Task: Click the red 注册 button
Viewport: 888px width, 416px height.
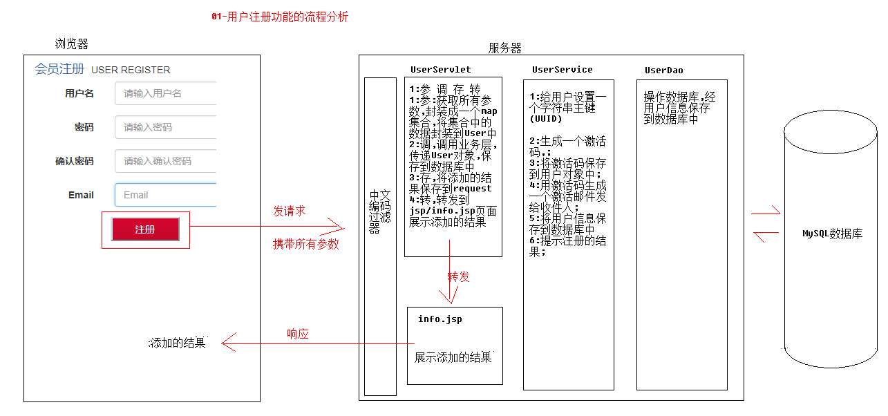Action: (x=145, y=229)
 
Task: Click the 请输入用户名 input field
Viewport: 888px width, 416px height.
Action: (x=166, y=93)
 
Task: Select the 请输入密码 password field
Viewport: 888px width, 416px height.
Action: (x=166, y=127)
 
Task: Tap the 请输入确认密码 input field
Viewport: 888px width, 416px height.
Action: (x=166, y=161)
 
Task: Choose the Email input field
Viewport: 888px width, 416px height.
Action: (x=166, y=195)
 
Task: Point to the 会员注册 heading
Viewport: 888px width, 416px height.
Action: (x=59, y=69)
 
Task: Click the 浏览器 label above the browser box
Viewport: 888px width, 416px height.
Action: (x=71, y=44)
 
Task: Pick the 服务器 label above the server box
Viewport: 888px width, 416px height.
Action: (x=504, y=48)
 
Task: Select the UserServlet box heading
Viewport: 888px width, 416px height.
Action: (x=440, y=70)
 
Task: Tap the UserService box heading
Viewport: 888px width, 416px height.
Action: (x=562, y=70)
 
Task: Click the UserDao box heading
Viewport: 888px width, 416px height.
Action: (x=663, y=70)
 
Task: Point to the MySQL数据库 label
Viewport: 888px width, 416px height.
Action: (x=832, y=234)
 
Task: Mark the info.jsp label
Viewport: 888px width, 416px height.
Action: (x=440, y=319)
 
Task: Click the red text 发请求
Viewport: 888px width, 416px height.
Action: (x=289, y=211)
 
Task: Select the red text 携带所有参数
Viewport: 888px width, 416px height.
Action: (x=305, y=244)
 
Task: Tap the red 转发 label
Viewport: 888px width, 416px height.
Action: (x=458, y=277)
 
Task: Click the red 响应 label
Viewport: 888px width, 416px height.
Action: (x=297, y=334)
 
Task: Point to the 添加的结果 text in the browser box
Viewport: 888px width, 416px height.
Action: (x=178, y=343)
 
